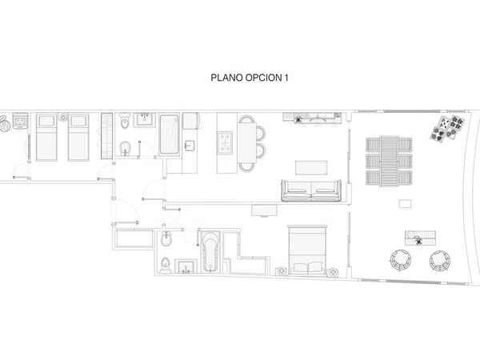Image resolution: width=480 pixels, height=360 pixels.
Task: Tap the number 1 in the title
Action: click(286, 78)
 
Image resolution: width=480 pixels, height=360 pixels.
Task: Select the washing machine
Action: click(20, 122)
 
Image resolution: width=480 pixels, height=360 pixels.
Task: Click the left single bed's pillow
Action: click(46, 122)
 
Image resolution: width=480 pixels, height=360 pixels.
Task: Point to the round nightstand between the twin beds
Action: click(63, 117)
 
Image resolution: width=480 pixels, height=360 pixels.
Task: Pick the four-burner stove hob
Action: click(225, 142)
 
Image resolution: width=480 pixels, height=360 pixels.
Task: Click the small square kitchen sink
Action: click(190, 146)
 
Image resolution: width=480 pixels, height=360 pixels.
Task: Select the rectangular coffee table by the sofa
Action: click(311, 168)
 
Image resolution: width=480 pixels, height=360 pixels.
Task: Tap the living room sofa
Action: click(311, 190)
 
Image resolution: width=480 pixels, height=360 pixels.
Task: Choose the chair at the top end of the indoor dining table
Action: click(246, 118)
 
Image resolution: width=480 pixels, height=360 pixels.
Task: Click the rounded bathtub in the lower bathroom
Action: click(210, 252)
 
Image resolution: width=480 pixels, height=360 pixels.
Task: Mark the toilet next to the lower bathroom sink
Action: click(166, 266)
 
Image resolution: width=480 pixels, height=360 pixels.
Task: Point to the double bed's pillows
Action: click(308, 267)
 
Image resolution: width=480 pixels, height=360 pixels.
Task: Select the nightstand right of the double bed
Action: click(333, 271)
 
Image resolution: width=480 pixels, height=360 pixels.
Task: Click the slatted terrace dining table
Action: click(389, 161)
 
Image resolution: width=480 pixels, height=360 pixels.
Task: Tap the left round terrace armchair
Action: click(400, 261)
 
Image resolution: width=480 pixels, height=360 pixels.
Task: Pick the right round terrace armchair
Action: click(439, 261)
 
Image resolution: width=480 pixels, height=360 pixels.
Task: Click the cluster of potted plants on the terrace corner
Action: click(447, 129)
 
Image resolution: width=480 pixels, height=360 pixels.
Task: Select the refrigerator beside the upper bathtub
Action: click(190, 122)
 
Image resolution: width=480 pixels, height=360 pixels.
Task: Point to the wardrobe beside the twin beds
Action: click(107, 136)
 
